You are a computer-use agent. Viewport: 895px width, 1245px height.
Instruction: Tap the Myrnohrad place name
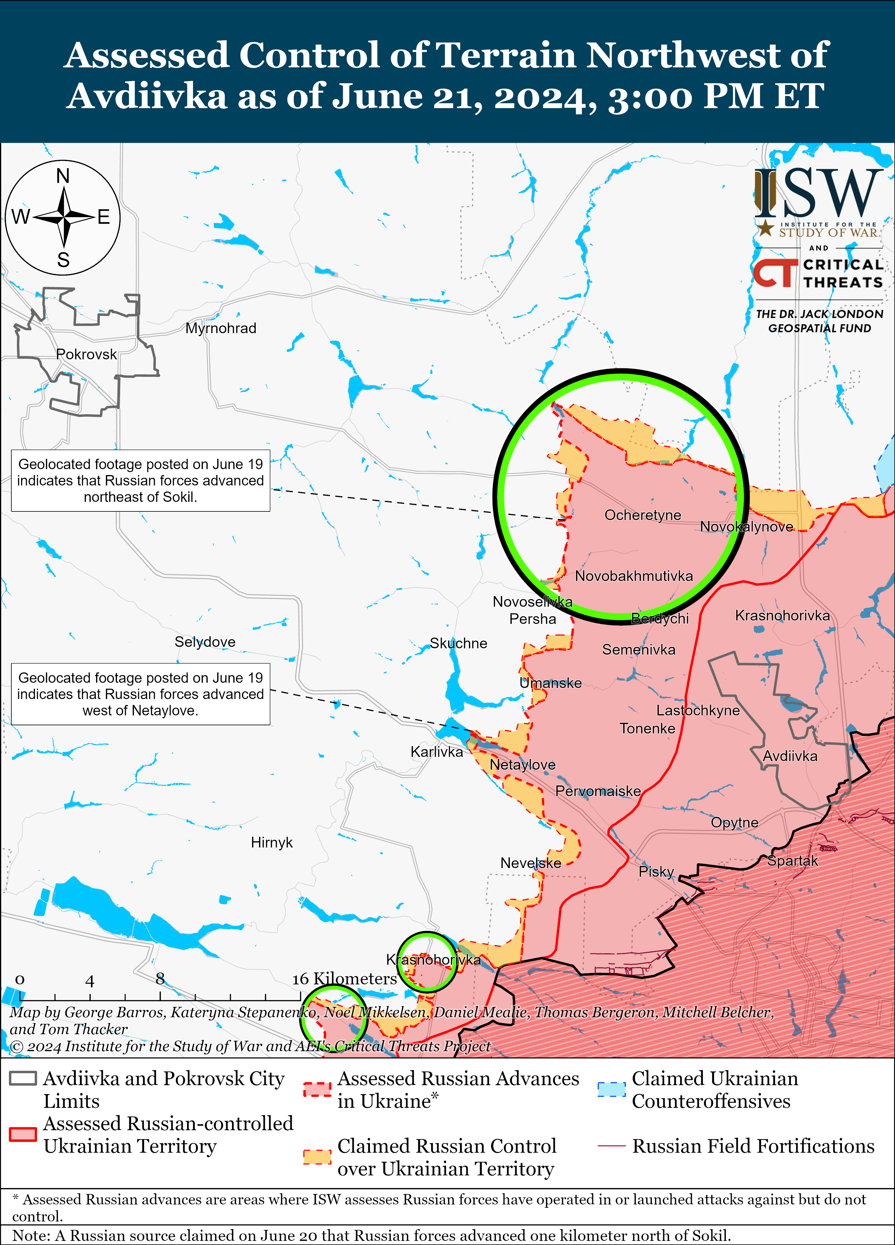tap(221, 328)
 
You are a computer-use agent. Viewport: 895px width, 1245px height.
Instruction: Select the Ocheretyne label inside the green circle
tap(642, 515)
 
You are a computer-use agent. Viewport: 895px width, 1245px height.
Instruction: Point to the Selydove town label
tap(205, 642)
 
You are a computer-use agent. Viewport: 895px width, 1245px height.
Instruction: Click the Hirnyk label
tap(272, 843)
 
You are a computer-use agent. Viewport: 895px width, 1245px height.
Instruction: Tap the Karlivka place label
tap(436, 751)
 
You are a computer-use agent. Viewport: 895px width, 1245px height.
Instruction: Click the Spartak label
tap(792, 861)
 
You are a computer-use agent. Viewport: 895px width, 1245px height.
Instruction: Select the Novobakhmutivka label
tap(634, 576)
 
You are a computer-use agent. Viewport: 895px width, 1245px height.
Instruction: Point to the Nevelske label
tap(530, 863)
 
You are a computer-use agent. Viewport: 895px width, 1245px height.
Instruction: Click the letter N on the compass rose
tap(63, 176)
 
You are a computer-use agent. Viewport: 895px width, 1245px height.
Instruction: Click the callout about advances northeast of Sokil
tap(141, 480)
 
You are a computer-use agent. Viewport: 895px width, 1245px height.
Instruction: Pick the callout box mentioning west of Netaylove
tap(141, 694)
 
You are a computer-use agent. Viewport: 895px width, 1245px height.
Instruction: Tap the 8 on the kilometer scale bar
tap(160, 978)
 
